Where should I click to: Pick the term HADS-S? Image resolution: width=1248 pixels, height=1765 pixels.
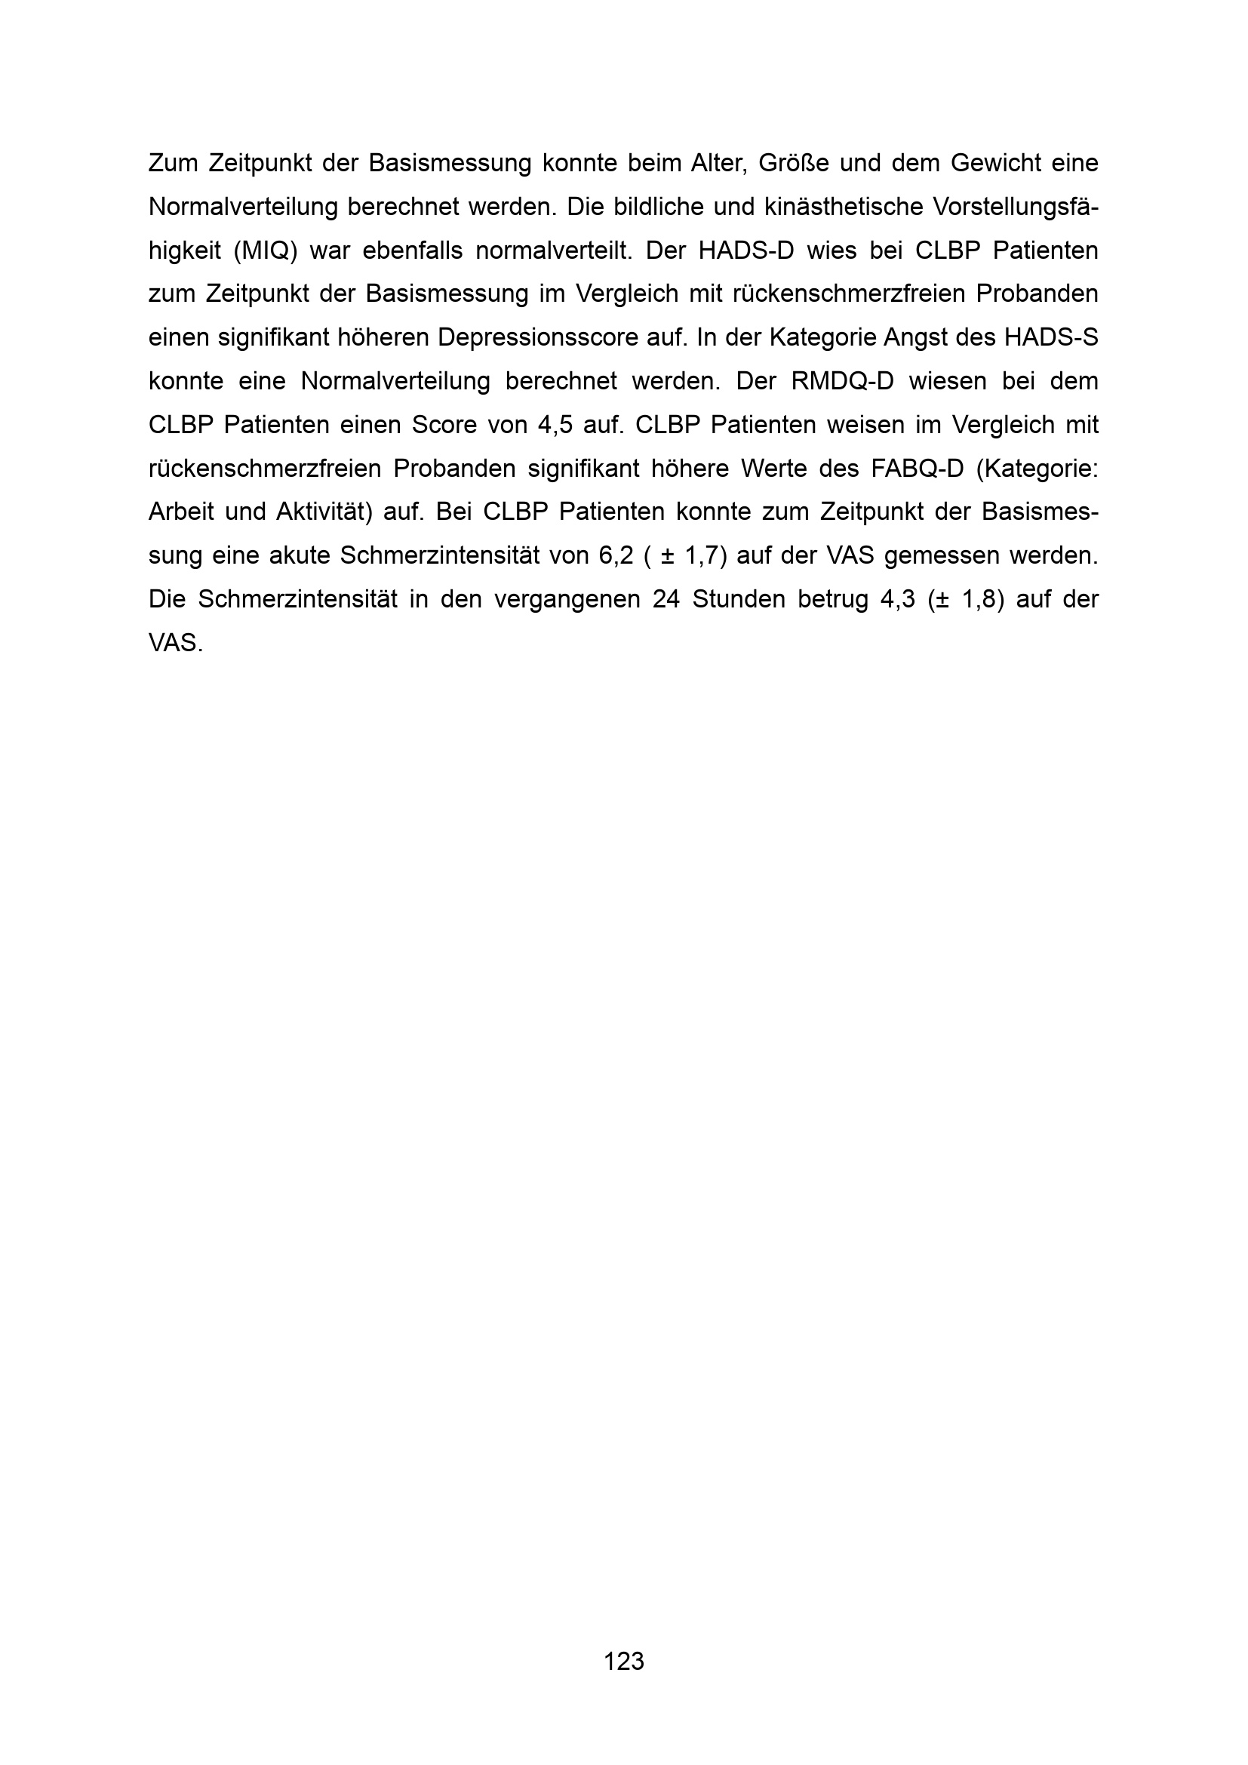click(1057, 337)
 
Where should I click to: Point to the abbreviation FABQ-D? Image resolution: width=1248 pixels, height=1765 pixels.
click(918, 469)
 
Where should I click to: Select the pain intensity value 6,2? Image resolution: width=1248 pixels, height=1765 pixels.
click(616, 556)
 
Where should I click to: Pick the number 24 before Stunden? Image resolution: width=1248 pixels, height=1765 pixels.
click(666, 600)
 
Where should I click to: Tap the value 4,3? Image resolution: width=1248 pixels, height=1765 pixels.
click(898, 600)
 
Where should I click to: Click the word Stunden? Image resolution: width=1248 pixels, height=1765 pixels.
click(739, 600)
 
